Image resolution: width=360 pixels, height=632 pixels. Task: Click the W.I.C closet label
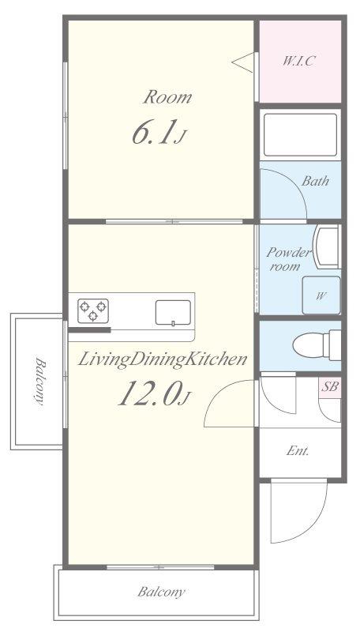point(298,61)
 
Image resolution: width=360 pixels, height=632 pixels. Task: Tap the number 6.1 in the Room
point(154,134)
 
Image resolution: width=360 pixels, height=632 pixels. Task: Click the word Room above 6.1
point(167,97)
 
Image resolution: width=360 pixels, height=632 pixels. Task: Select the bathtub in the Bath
point(301,135)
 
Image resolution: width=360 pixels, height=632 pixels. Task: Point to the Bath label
point(315,181)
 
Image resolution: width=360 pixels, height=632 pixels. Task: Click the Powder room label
point(289,259)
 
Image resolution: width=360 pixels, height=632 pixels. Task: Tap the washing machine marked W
point(321,295)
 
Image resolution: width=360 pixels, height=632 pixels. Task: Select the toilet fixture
point(317,345)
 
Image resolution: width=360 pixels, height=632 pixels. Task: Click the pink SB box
point(330,387)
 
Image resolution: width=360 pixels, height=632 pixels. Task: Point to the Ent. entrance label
point(298,451)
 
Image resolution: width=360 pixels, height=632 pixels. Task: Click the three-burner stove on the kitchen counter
point(93,310)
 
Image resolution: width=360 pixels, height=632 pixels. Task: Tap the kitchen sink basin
point(173,312)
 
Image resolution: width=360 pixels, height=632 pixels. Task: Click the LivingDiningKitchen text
point(162,359)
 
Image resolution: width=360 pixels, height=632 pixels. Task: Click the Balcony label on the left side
point(39,381)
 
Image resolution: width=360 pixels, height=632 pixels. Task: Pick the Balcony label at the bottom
point(162,592)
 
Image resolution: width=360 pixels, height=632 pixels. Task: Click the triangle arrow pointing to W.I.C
point(243,62)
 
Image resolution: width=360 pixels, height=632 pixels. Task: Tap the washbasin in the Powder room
point(326,246)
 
